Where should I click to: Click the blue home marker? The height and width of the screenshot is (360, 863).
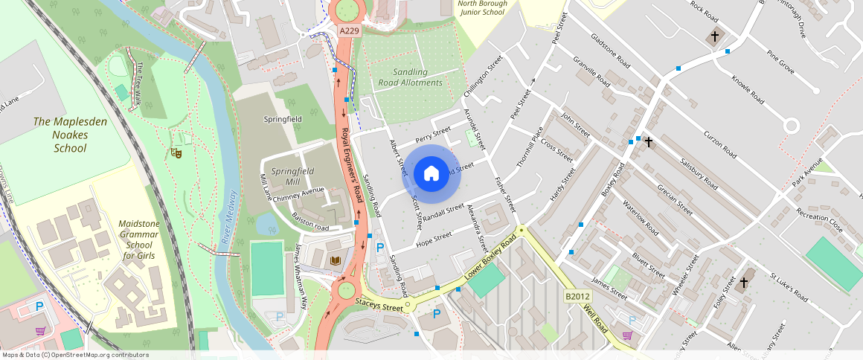click(x=431, y=174)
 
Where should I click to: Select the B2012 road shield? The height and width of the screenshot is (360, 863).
click(x=577, y=296)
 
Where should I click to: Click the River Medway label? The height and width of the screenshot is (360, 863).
click(x=230, y=217)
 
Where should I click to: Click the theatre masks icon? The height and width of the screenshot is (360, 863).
click(x=177, y=152)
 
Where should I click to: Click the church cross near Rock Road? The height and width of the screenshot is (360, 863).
click(x=715, y=36)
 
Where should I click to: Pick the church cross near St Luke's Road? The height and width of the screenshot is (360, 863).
click(x=743, y=283)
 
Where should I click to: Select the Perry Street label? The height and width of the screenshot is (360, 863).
click(x=434, y=135)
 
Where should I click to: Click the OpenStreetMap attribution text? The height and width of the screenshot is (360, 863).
click(x=74, y=355)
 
